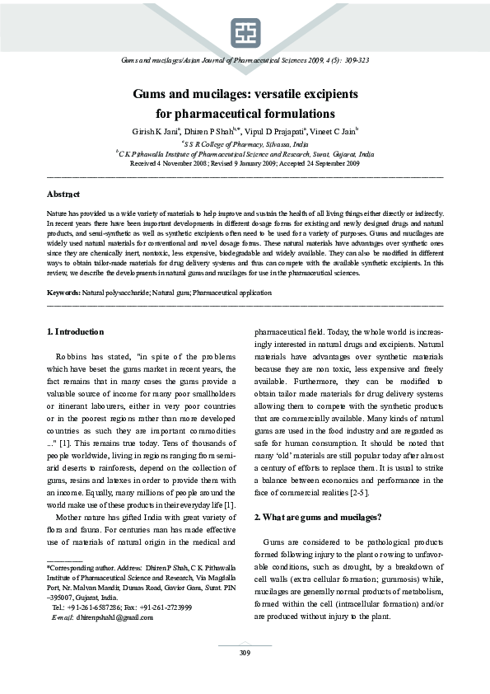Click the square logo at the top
[245, 32]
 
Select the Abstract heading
[63, 195]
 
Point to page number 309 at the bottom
[245, 653]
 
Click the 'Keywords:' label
[63, 293]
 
